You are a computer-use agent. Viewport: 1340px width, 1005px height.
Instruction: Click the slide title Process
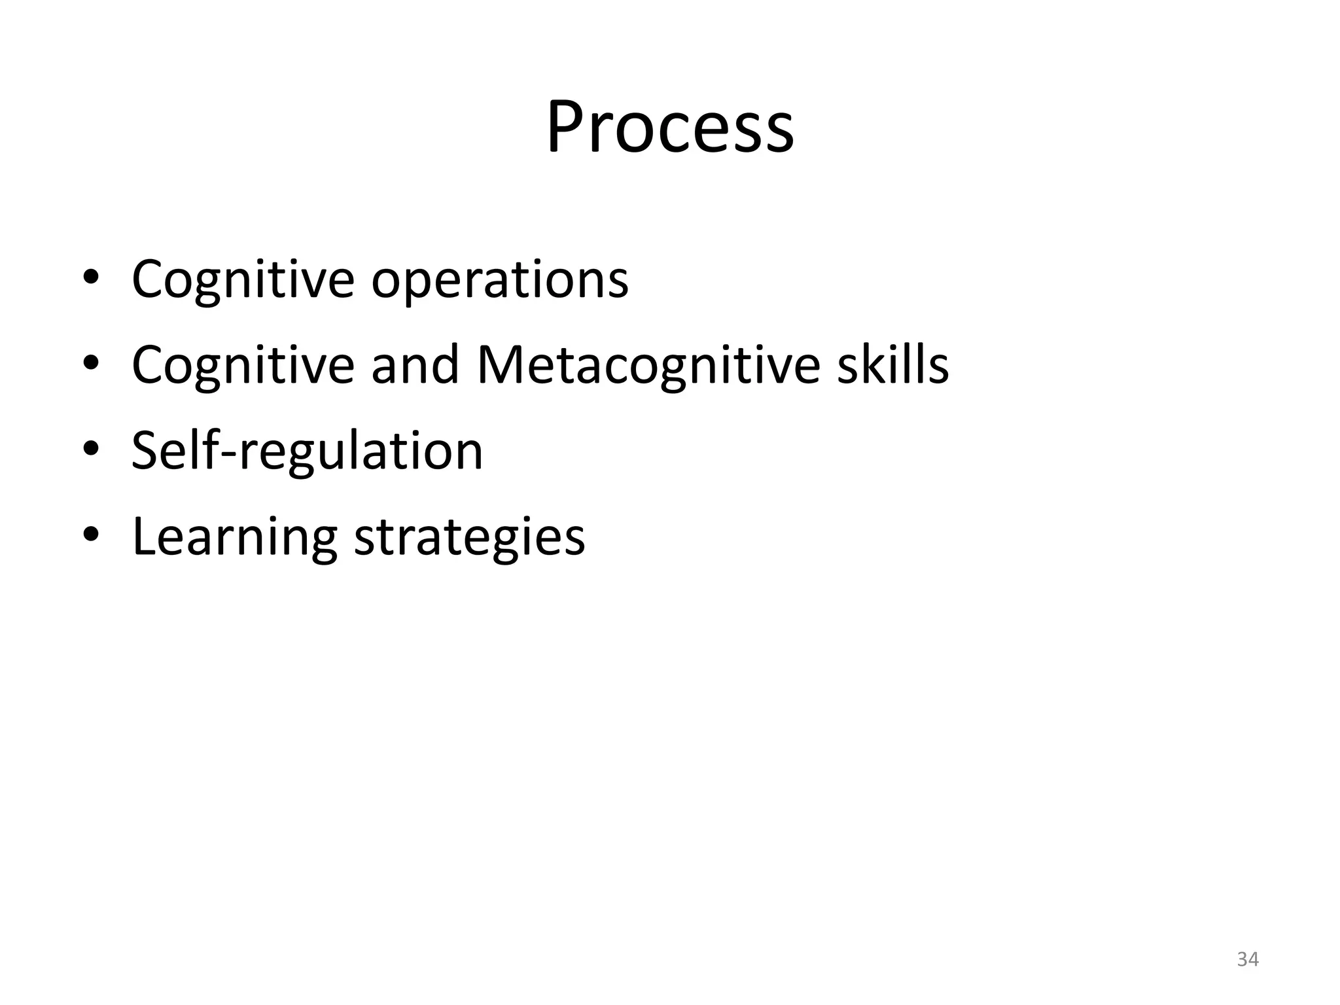(x=670, y=128)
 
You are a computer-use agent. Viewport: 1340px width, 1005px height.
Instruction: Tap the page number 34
(x=1248, y=959)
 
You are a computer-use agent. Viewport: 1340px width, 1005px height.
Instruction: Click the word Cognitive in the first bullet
(x=243, y=279)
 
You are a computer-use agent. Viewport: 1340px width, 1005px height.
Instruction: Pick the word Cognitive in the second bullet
(x=243, y=364)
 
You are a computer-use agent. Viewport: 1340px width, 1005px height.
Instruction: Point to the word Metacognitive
(x=648, y=364)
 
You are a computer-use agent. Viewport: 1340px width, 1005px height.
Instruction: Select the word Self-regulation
(x=307, y=451)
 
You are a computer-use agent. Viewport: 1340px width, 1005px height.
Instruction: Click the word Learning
(x=235, y=537)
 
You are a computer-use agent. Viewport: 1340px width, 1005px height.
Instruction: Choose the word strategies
(x=469, y=537)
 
